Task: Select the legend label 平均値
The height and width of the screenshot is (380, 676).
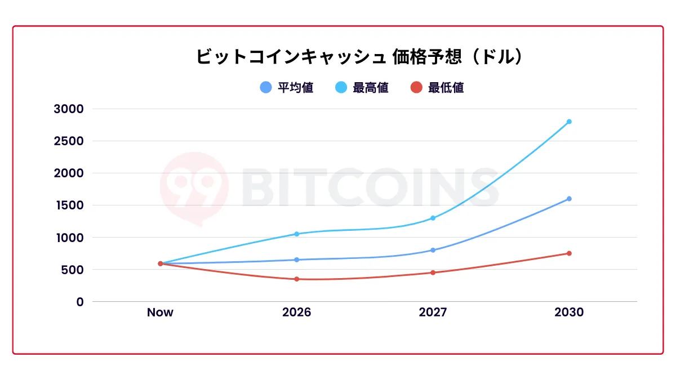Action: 295,88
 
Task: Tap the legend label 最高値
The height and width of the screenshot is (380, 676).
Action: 370,88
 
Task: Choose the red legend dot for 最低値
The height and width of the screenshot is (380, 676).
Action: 416,88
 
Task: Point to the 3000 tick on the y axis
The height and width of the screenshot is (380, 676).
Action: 68,109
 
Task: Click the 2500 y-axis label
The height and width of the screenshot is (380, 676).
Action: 68,141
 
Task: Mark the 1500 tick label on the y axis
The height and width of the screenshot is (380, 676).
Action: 68,205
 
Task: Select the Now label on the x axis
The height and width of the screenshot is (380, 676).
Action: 160,312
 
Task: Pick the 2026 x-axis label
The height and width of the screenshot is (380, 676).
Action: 296,312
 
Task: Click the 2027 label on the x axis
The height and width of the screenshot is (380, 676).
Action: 433,312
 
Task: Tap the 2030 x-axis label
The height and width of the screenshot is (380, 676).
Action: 569,312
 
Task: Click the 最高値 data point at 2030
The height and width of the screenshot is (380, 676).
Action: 569,122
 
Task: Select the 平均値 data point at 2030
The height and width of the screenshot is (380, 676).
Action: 569,199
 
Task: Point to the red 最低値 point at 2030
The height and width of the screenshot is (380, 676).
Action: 569,253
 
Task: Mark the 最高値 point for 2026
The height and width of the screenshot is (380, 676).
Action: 296,234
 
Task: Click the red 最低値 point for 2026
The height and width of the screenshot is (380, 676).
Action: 296,279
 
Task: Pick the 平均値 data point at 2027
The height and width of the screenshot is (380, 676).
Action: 433,250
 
